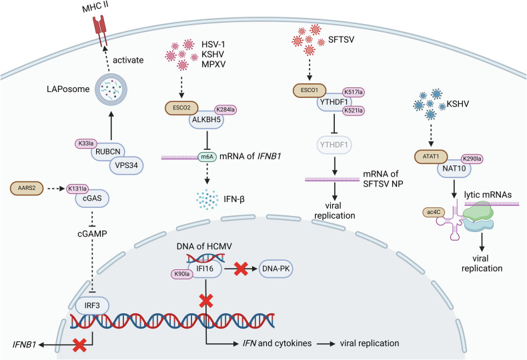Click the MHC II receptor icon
coord(99,30)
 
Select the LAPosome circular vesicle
coord(111,89)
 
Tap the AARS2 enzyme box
coord(27,189)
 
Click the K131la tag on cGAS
coord(77,189)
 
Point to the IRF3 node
coord(92,305)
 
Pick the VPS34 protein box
coord(126,165)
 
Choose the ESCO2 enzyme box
coord(181,108)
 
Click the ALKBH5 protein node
coord(206,120)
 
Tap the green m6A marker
coord(207,157)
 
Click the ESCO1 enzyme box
coord(310,91)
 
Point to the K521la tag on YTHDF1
coord(354,111)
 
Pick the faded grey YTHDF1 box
coord(334,145)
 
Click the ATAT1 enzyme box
coord(431,157)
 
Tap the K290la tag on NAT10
coord(472,159)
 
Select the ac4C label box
coord(434,212)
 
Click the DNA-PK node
coord(276,269)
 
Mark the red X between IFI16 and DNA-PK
coord(241,269)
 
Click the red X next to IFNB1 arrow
coord(79,345)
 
